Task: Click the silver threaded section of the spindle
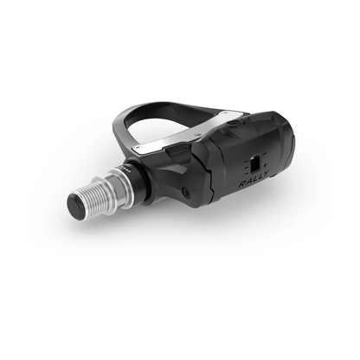102,193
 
